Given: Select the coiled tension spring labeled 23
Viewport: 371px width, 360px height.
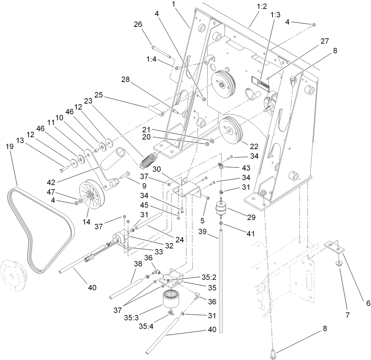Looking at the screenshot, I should (148, 160).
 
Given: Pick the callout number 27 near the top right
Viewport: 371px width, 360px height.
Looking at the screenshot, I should (324, 41).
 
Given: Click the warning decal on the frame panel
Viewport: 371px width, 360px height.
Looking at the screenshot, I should (261, 82).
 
